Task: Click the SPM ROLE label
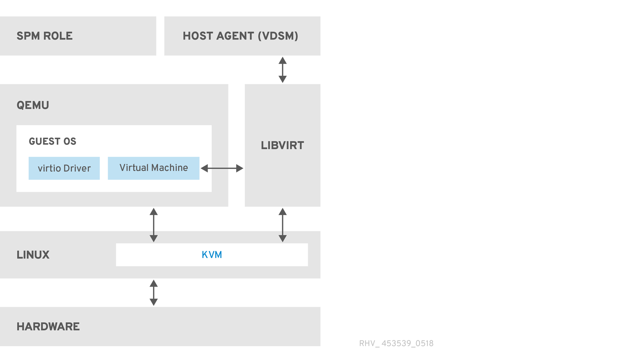pyautogui.click(x=44, y=36)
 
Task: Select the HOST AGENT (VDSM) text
pyautogui.click(x=240, y=36)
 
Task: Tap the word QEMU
pyautogui.click(x=33, y=105)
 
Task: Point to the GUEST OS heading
pyautogui.click(x=52, y=141)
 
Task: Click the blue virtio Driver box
pyautogui.click(x=64, y=168)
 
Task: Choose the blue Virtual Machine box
pyautogui.click(x=153, y=168)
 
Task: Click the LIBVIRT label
pyautogui.click(x=282, y=146)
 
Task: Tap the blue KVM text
pyautogui.click(x=212, y=255)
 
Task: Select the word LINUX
pyautogui.click(x=33, y=255)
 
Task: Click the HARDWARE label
pyautogui.click(x=48, y=327)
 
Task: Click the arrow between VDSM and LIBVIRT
pyautogui.click(x=282, y=70)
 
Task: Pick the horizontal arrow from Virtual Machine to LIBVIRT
pyautogui.click(x=222, y=168)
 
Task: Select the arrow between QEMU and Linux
pyautogui.click(x=153, y=225)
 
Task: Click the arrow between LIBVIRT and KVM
pyautogui.click(x=282, y=225)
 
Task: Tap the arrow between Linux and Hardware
pyautogui.click(x=153, y=293)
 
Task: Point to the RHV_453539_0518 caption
pyautogui.click(x=396, y=343)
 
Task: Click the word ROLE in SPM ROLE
pyautogui.click(x=58, y=36)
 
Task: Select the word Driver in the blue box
pyautogui.click(x=78, y=168)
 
